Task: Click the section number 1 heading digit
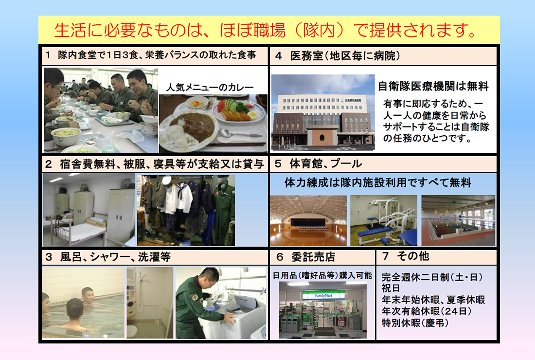pyautogui.click(x=48, y=55)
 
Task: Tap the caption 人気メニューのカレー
pyautogui.click(x=210, y=88)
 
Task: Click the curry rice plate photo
pyautogui.click(x=213, y=124)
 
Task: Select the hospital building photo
pyautogui.click(x=322, y=112)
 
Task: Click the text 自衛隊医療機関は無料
pyautogui.click(x=433, y=87)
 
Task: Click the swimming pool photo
pyautogui.click(x=458, y=220)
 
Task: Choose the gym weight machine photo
pyautogui.click(x=384, y=220)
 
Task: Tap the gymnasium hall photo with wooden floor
pyautogui.click(x=308, y=220)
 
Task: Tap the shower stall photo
pyautogui.click(x=149, y=302)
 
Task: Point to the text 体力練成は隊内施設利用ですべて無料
pyautogui.click(x=377, y=183)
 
